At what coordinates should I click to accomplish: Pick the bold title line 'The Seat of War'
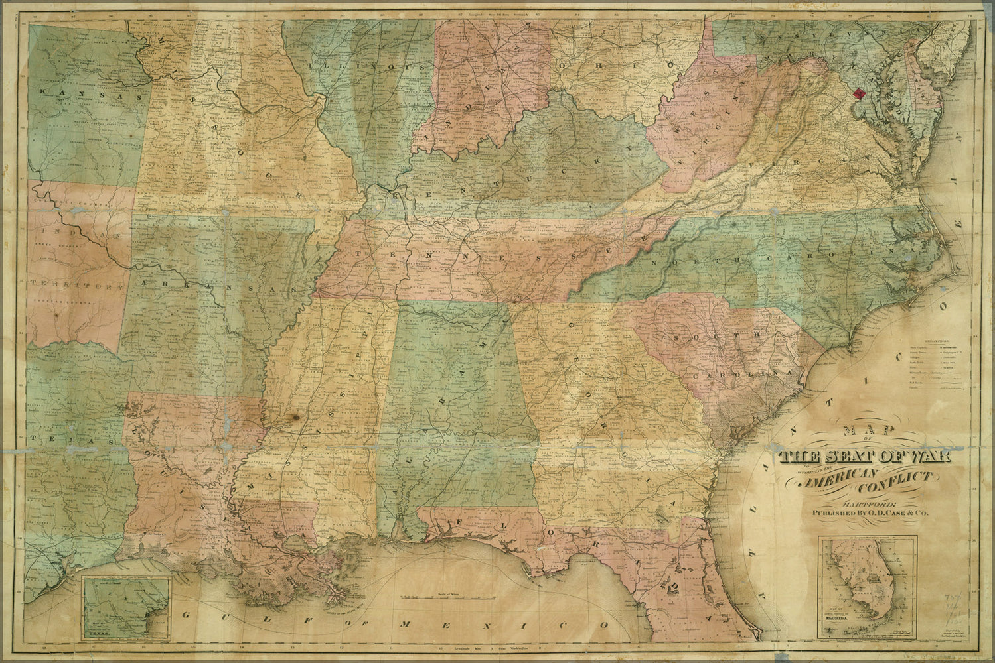(x=865, y=457)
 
